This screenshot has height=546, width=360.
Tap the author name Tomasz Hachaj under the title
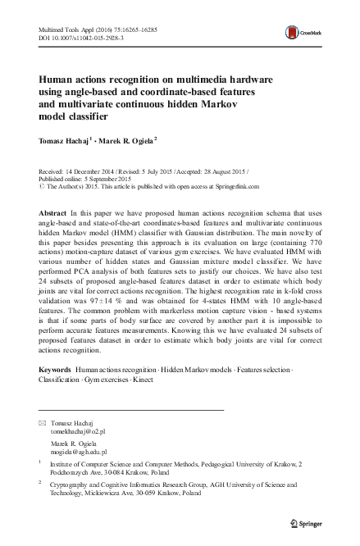click(x=65, y=140)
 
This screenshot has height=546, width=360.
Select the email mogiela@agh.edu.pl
click(x=80, y=452)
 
